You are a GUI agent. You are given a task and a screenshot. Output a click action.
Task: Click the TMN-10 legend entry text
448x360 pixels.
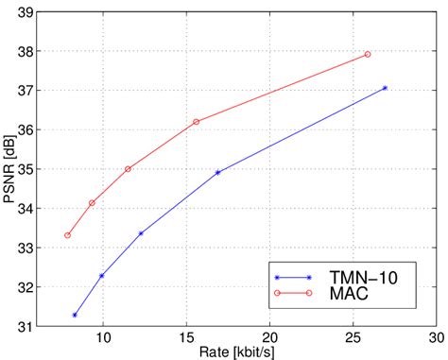pos(361,277)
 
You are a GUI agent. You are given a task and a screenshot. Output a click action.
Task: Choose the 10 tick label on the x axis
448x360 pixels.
pos(104,337)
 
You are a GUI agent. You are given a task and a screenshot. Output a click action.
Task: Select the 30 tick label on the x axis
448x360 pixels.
pos(436,337)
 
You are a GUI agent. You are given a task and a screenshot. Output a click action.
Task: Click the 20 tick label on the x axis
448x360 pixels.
pos(269,337)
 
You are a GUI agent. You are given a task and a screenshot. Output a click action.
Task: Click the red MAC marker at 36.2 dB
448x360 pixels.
pos(197,122)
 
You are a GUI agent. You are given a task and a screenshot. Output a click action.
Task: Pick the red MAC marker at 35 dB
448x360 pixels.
pos(128,168)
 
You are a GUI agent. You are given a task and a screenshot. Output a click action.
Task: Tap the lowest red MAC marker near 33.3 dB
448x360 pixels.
pos(67,235)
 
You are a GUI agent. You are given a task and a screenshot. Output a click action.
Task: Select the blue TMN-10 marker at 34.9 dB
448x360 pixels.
pos(218,172)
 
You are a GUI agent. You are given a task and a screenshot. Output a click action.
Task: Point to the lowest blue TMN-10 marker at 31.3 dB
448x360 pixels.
pos(75,315)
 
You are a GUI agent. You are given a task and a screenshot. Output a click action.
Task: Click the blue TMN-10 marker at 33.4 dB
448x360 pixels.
pos(141,232)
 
